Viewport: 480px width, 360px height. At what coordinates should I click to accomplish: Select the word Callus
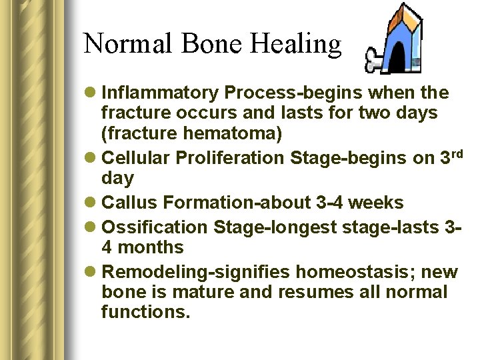coord(129,203)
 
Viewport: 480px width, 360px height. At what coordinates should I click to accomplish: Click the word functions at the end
coord(145,312)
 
